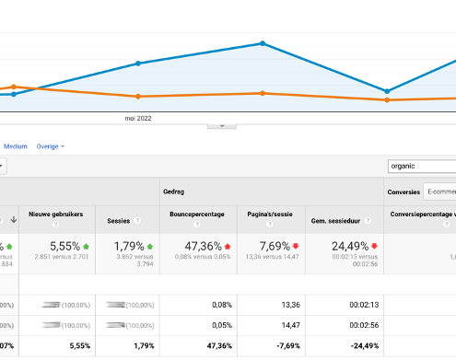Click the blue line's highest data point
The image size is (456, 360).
[x=263, y=43]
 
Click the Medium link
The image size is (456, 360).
[x=16, y=146]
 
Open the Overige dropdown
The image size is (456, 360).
[x=51, y=146]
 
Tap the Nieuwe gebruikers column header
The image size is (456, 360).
[x=56, y=214]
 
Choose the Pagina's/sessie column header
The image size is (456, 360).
[x=270, y=214]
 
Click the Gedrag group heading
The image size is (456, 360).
[x=173, y=192]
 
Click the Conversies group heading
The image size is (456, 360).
[x=403, y=192]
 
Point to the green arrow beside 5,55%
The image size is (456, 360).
[x=87, y=247]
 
